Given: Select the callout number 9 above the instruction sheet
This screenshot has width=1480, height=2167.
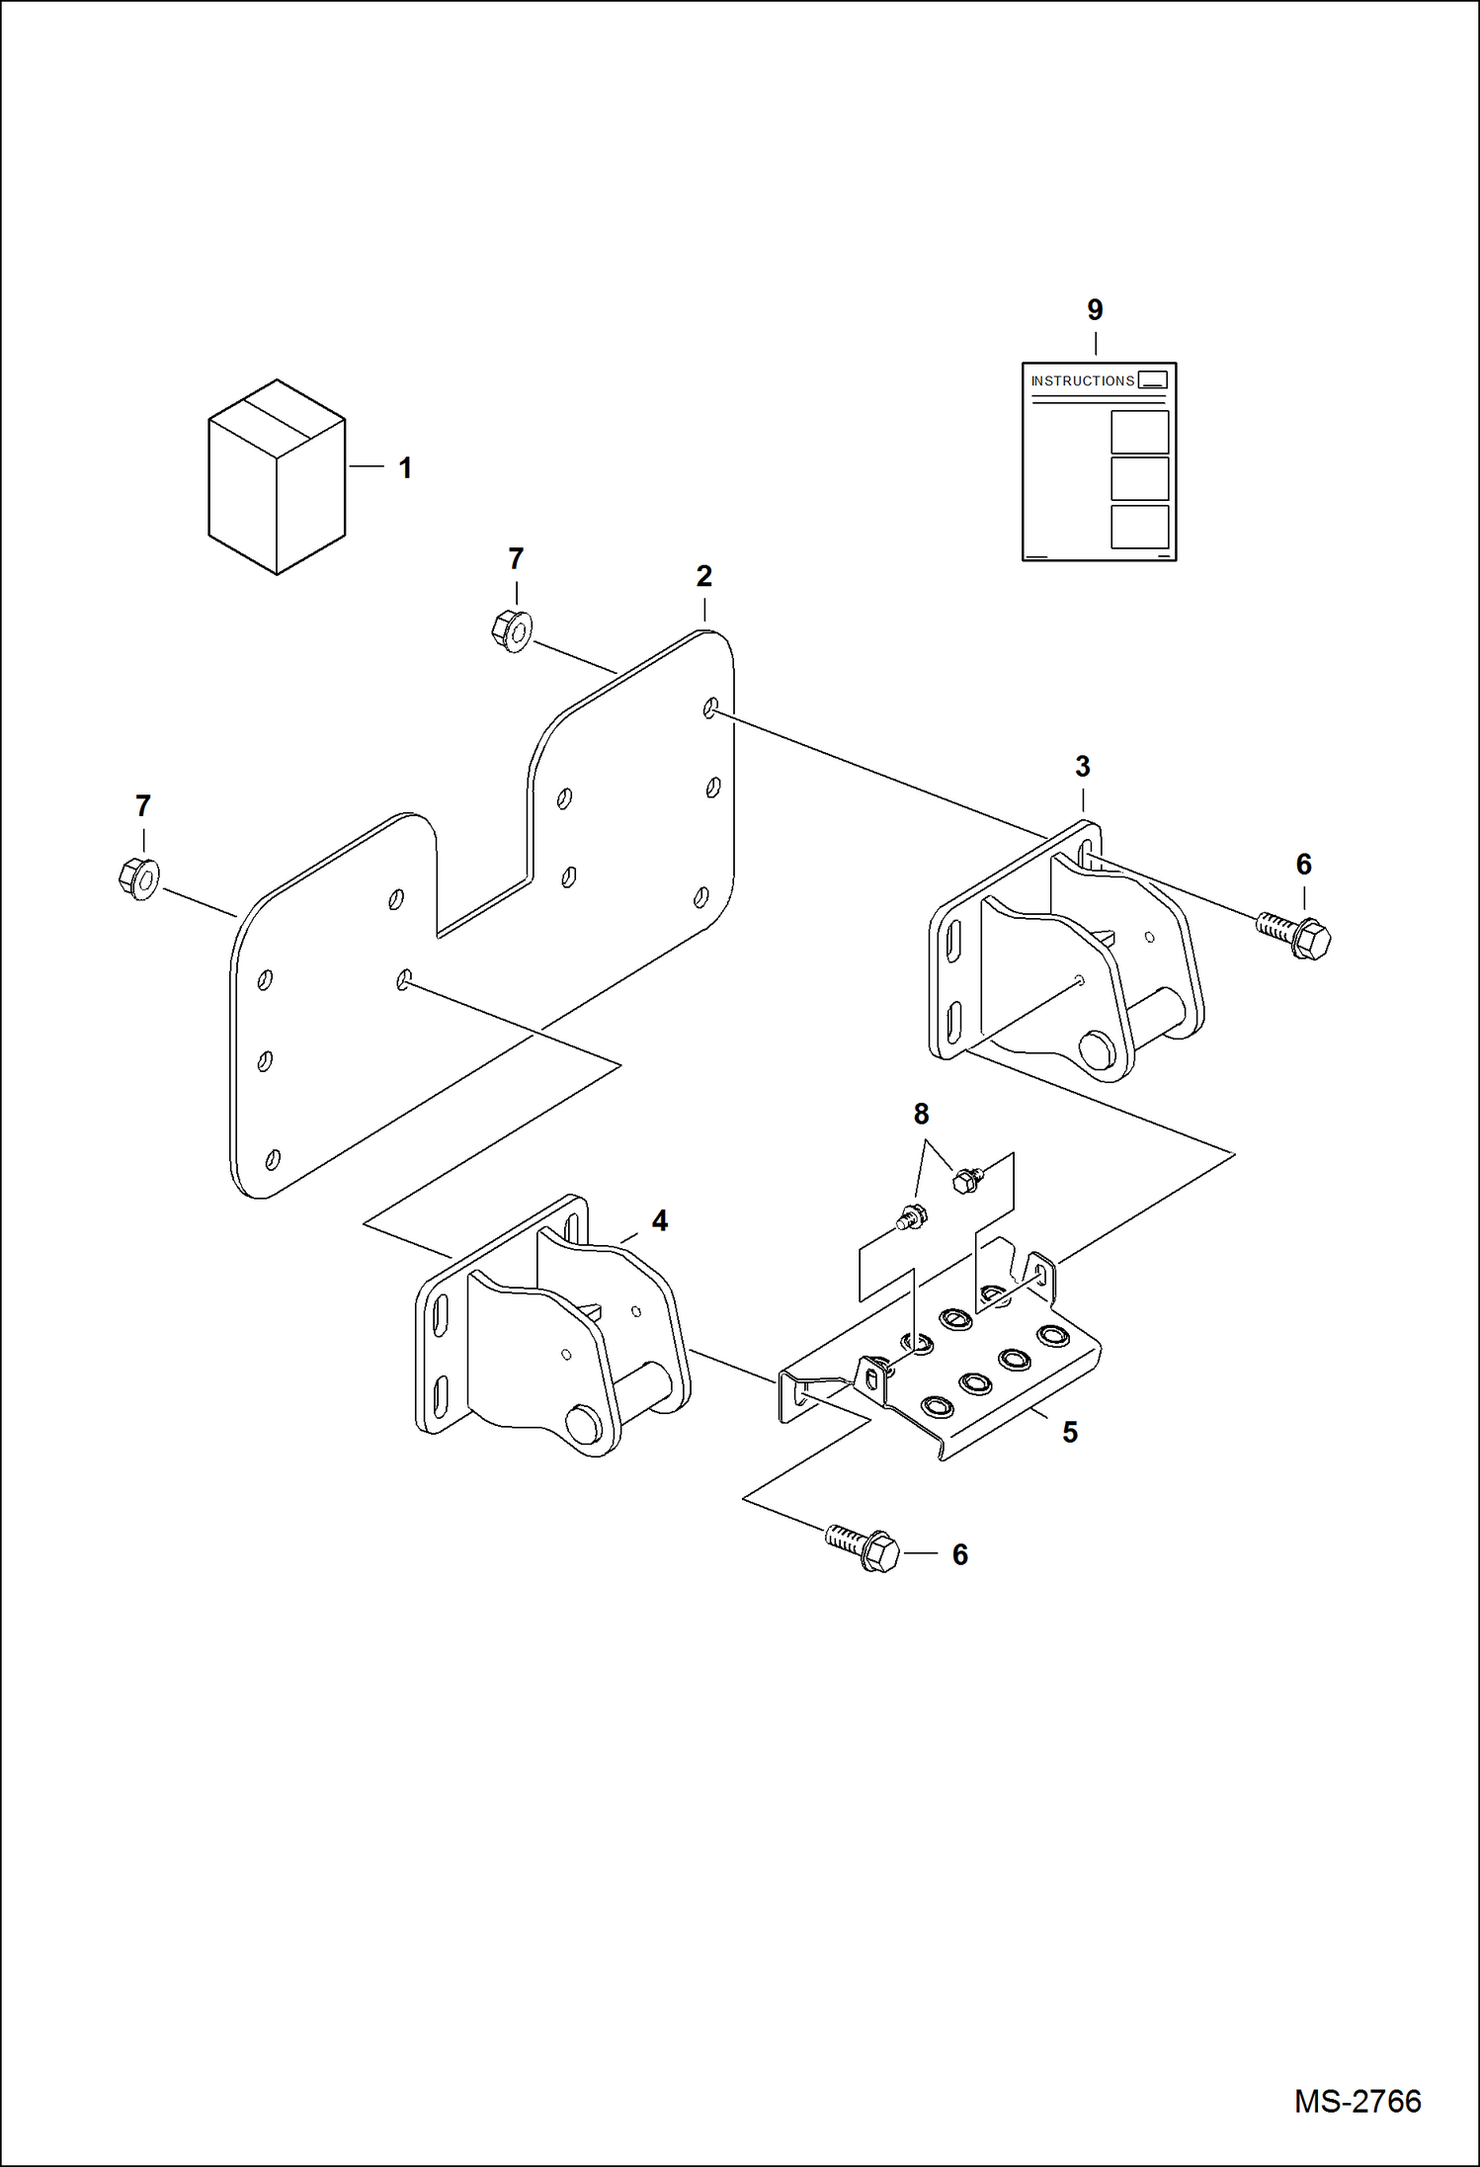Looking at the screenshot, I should pyautogui.click(x=1095, y=310).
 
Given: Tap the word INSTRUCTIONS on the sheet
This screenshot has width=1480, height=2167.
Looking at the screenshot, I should pyautogui.click(x=1082, y=380).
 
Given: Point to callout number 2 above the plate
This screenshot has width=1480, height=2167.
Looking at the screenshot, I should pyautogui.click(x=703, y=576).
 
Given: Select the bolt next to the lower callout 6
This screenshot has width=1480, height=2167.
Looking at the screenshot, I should pyautogui.click(x=863, y=1548).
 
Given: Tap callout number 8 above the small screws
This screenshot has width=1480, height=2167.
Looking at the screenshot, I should pyautogui.click(x=921, y=1114).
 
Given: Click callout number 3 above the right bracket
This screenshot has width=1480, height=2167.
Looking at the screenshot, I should pyautogui.click(x=1083, y=766).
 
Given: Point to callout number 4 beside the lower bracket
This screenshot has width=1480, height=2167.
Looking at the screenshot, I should pyautogui.click(x=660, y=1220).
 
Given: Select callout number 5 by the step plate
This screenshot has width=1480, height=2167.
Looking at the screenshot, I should pyautogui.click(x=1070, y=1432).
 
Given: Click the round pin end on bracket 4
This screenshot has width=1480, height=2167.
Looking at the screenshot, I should pyautogui.click(x=582, y=1424).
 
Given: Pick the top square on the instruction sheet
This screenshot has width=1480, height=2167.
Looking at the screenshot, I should pyautogui.click(x=1139, y=432).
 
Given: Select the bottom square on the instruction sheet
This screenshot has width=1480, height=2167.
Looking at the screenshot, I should pyautogui.click(x=1139, y=527).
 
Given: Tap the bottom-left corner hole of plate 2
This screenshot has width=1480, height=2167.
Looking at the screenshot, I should pyautogui.click(x=273, y=1159).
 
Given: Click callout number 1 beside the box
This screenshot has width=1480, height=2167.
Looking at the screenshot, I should pyautogui.click(x=405, y=467).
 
